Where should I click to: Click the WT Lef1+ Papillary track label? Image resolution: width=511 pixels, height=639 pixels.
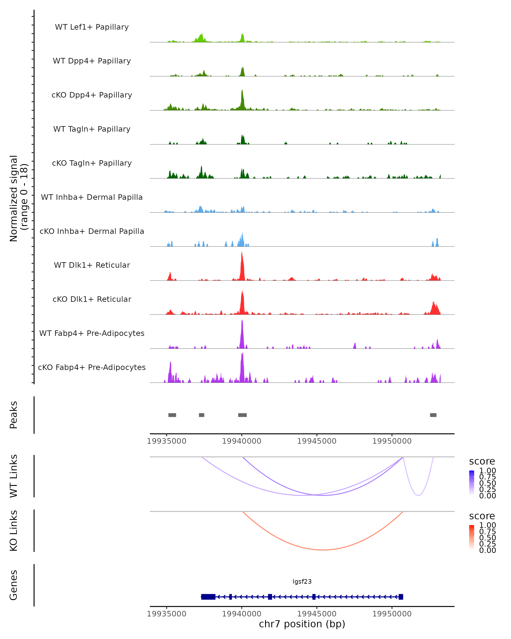click(92, 27)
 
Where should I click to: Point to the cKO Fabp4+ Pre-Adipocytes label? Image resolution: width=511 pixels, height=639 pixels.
click(92, 367)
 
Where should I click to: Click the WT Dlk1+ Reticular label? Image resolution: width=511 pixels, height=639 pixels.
click(92, 265)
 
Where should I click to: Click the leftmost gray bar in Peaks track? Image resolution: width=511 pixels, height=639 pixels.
click(172, 415)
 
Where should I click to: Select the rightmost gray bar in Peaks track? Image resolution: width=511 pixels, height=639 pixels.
click(433, 415)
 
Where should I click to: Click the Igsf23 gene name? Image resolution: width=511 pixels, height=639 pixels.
click(302, 581)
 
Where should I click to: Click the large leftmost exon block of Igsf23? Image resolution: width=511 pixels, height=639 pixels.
click(208, 597)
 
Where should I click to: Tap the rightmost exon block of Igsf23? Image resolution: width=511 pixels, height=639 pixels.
click(401, 597)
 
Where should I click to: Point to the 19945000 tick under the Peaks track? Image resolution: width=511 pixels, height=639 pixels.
click(317, 441)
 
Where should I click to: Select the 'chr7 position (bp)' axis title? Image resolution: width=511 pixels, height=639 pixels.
click(302, 624)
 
